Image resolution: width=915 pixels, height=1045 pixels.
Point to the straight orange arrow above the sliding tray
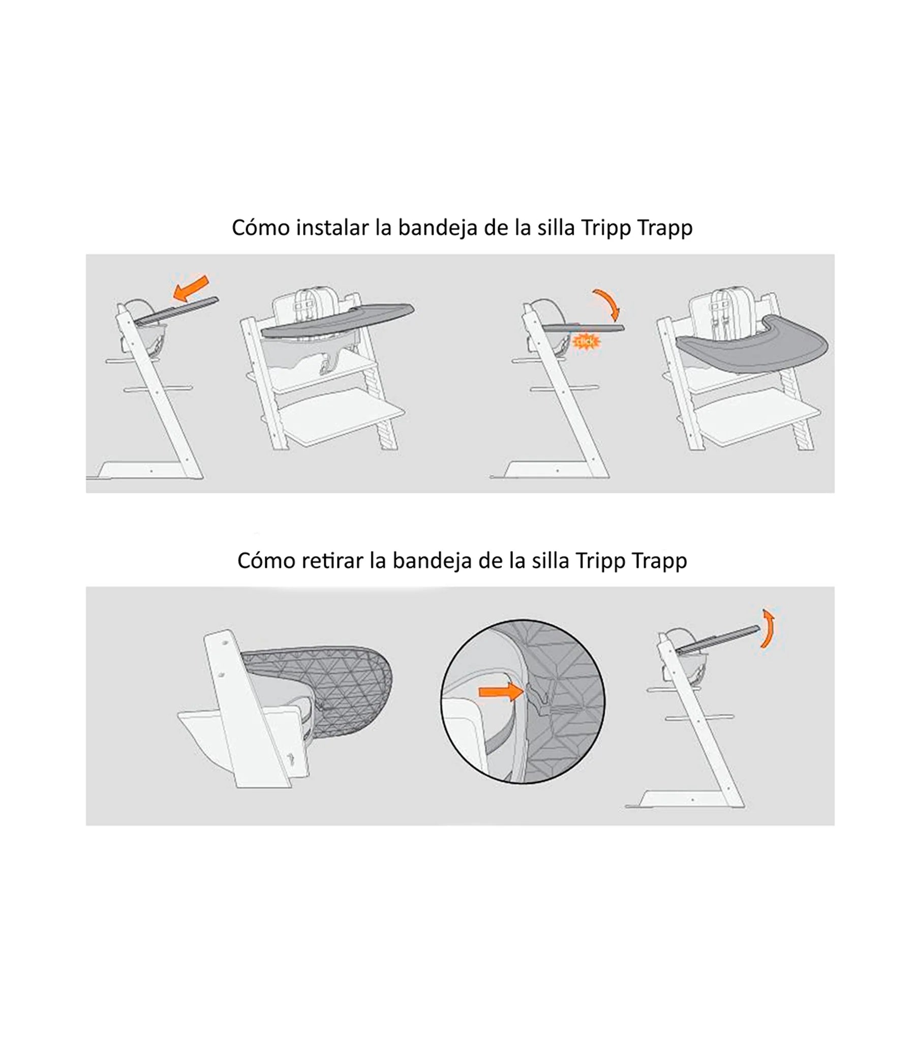[191, 288]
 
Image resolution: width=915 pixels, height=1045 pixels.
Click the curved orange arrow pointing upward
[768, 628]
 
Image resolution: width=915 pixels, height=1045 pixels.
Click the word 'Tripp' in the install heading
[606, 228]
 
